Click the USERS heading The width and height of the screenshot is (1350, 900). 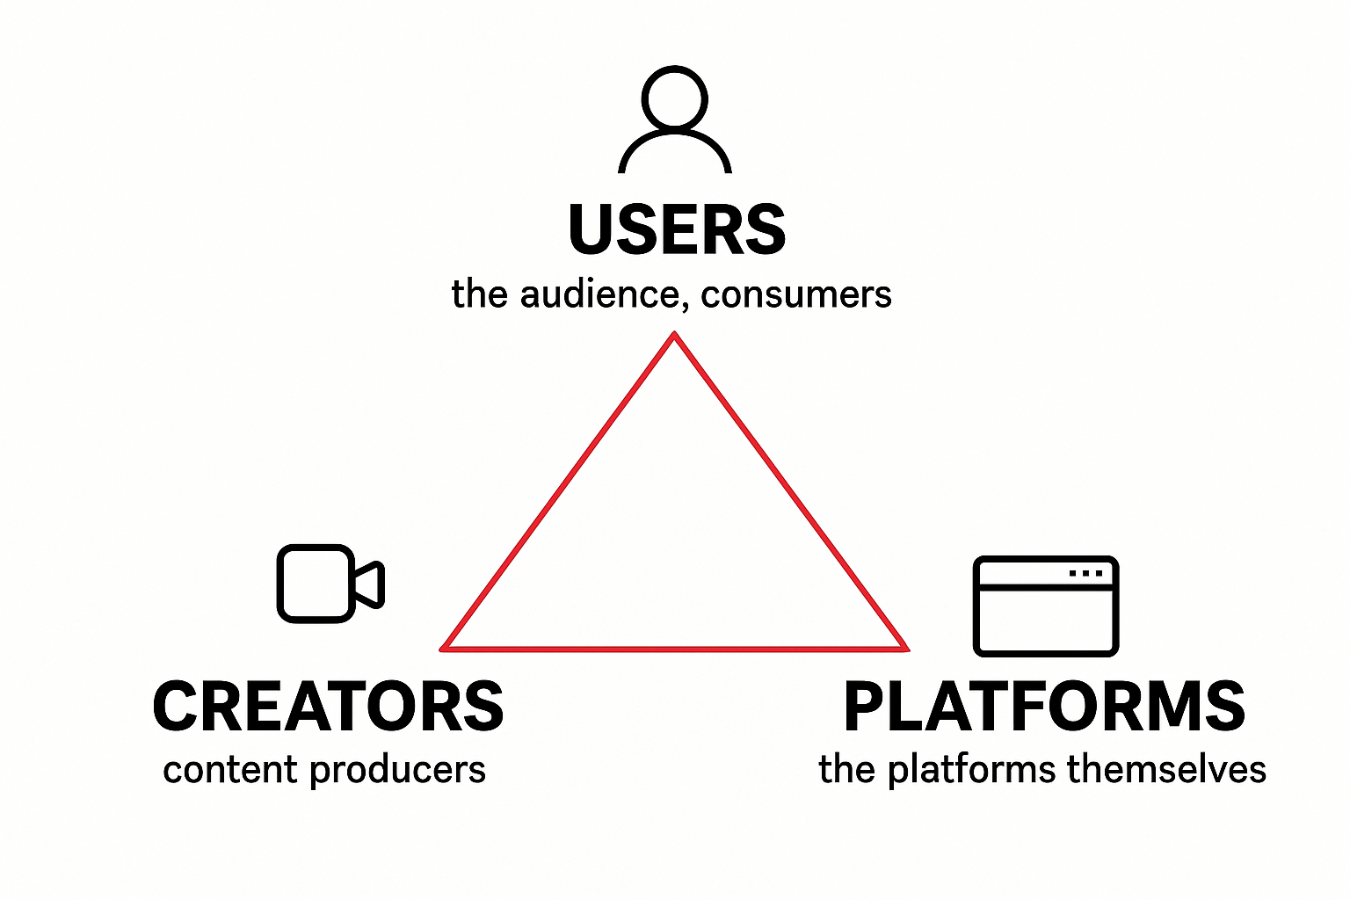click(x=676, y=230)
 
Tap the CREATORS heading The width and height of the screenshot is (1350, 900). click(x=328, y=707)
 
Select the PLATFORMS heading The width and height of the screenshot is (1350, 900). click(x=1044, y=707)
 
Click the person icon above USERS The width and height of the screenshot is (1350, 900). click(x=675, y=120)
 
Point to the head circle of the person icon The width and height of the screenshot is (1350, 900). click(x=675, y=98)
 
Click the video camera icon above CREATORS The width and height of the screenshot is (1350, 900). click(x=330, y=584)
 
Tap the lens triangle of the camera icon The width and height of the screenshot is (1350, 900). click(x=370, y=584)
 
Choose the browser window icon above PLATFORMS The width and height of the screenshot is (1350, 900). click(x=1045, y=606)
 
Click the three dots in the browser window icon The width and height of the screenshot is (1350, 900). click(x=1085, y=573)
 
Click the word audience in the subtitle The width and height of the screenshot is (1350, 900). click(x=598, y=294)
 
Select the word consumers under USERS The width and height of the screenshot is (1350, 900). click(x=796, y=294)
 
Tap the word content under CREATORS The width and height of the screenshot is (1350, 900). click(x=230, y=770)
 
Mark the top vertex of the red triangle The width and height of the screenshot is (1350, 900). click(x=674, y=335)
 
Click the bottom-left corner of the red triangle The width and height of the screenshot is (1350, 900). click(x=443, y=649)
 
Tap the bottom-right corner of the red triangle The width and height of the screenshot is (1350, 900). click(x=905, y=649)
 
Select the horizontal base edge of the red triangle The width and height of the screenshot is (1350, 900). click(x=674, y=650)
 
